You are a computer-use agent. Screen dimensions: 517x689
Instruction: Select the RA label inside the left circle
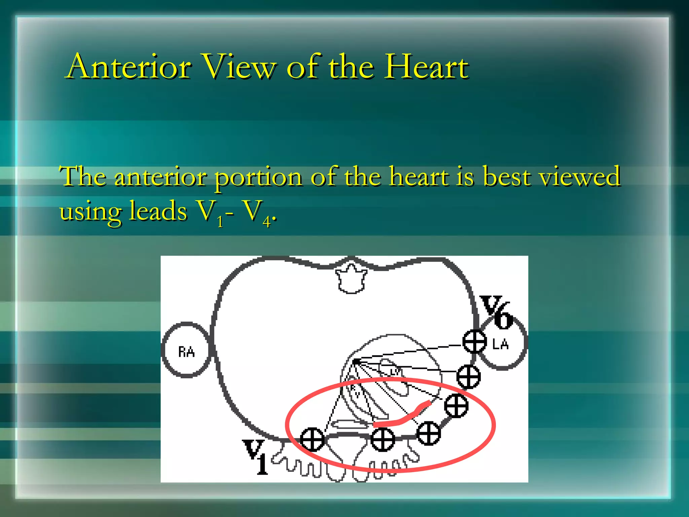tap(186, 352)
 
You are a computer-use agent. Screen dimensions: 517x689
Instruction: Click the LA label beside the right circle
tap(500, 344)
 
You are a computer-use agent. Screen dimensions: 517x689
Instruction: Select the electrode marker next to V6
tap(474, 341)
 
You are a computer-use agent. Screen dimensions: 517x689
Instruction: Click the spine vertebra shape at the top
tap(351, 279)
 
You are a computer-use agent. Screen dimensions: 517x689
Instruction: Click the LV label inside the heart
tap(394, 372)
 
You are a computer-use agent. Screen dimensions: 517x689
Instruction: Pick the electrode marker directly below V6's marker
tap(468, 376)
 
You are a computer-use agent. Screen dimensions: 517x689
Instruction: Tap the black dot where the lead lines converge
tap(356, 361)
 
